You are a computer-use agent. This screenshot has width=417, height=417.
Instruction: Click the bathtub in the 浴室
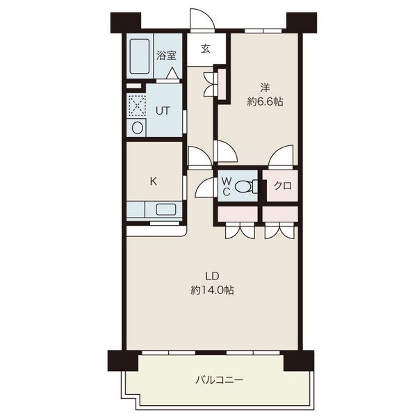(140, 56)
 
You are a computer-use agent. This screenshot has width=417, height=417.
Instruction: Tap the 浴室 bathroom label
(167, 56)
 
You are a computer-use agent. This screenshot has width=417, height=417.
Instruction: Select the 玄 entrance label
(205, 49)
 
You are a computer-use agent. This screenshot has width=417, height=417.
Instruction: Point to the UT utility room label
(163, 111)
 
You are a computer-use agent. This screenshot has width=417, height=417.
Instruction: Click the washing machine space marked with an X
(137, 106)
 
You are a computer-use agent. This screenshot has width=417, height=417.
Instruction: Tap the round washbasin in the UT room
(137, 128)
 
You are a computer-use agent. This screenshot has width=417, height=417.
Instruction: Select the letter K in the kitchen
(153, 181)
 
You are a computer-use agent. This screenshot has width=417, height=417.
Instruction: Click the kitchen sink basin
(165, 209)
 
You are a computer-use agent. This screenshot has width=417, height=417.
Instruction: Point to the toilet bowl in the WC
(243, 186)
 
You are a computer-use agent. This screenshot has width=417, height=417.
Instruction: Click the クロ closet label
(283, 186)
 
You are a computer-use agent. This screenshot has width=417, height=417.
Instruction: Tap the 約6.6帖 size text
(265, 101)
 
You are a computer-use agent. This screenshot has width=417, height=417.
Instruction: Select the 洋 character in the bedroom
(265, 88)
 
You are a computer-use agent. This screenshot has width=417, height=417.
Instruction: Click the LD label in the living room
(212, 277)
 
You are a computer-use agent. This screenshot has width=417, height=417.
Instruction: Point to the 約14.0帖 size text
(212, 290)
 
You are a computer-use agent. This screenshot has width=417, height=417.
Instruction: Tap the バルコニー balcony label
(220, 380)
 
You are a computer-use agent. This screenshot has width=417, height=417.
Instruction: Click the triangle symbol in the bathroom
(172, 73)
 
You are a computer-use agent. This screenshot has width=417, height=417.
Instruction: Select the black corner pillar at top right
(302, 22)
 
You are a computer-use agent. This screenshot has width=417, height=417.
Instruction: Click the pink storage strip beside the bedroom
(222, 83)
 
